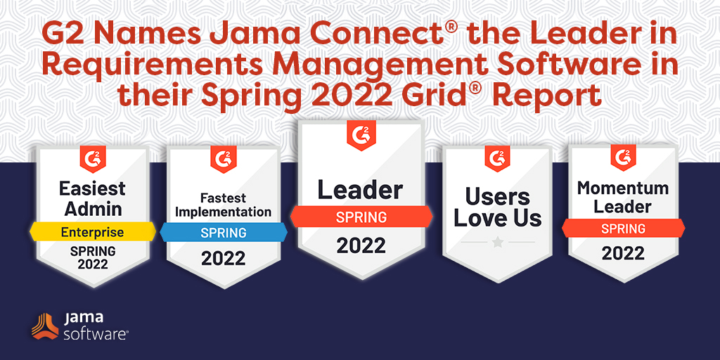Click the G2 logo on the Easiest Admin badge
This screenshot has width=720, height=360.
tap(93, 159)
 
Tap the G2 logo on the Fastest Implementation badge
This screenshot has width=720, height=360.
tap(223, 159)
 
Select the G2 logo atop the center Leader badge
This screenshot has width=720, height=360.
tap(361, 135)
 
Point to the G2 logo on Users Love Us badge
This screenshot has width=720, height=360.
tap(497, 159)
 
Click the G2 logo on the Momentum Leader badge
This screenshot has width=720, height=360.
tap(623, 157)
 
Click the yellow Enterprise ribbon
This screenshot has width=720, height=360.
tap(93, 232)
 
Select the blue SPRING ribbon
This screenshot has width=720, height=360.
tap(224, 232)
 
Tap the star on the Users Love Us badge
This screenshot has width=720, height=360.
tap(498, 242)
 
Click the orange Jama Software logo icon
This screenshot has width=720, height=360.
tap(45, 326)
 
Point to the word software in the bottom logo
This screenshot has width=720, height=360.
tap(95, 333)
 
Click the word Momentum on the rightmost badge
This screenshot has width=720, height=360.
tap(623, 188)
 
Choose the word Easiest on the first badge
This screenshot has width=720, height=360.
tap(92, 188)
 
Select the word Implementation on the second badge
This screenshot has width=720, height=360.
tap(223, 212)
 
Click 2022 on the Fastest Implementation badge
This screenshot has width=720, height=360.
tap(223, 259)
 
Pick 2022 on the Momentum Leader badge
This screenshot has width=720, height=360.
tap(623, 253)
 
